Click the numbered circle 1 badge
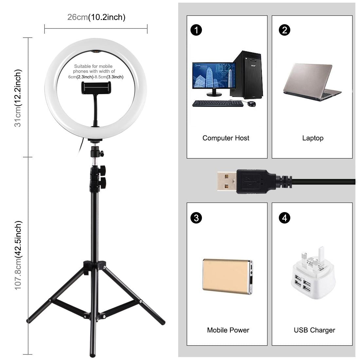[196, 30]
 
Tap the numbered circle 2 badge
[284, 30]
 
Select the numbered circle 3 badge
[196, 218]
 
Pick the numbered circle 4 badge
[284, 218]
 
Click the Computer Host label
[226, 138]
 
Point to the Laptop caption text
[313, 138]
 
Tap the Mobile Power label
[228, 330]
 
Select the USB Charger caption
[314, 330]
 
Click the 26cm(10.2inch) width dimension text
[96, 17]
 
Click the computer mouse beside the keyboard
[251, 104]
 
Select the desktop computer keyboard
[217, 103]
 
